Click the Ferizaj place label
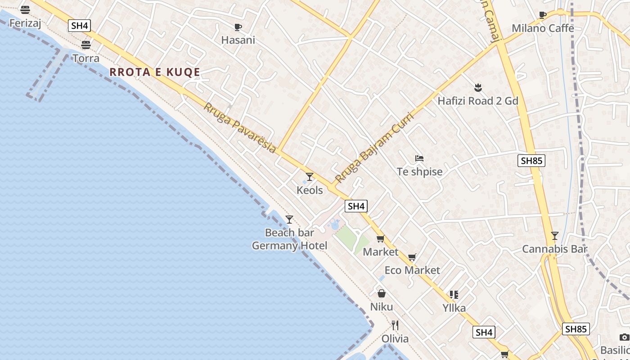(25, 23)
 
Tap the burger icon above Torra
(86, 45)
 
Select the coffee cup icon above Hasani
(238, 27)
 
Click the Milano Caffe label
(543, 28)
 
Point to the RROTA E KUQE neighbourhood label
(155, 72)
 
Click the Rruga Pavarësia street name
(240, 128)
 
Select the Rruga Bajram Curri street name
(374, 147)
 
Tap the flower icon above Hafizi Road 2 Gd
(478, 87)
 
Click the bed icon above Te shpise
(419, 158)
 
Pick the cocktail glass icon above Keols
(310, 177)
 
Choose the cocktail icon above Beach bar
(289, 220)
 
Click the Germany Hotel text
(289, 246)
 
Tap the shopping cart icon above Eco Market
(412, 257)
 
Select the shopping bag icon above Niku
(382, 294)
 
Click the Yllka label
(454, 308)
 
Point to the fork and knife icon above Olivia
(395, 325)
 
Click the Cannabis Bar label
(555, 249)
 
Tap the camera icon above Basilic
(624, 337)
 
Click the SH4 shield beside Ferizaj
(79, 26)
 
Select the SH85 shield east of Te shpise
(531, 161)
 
